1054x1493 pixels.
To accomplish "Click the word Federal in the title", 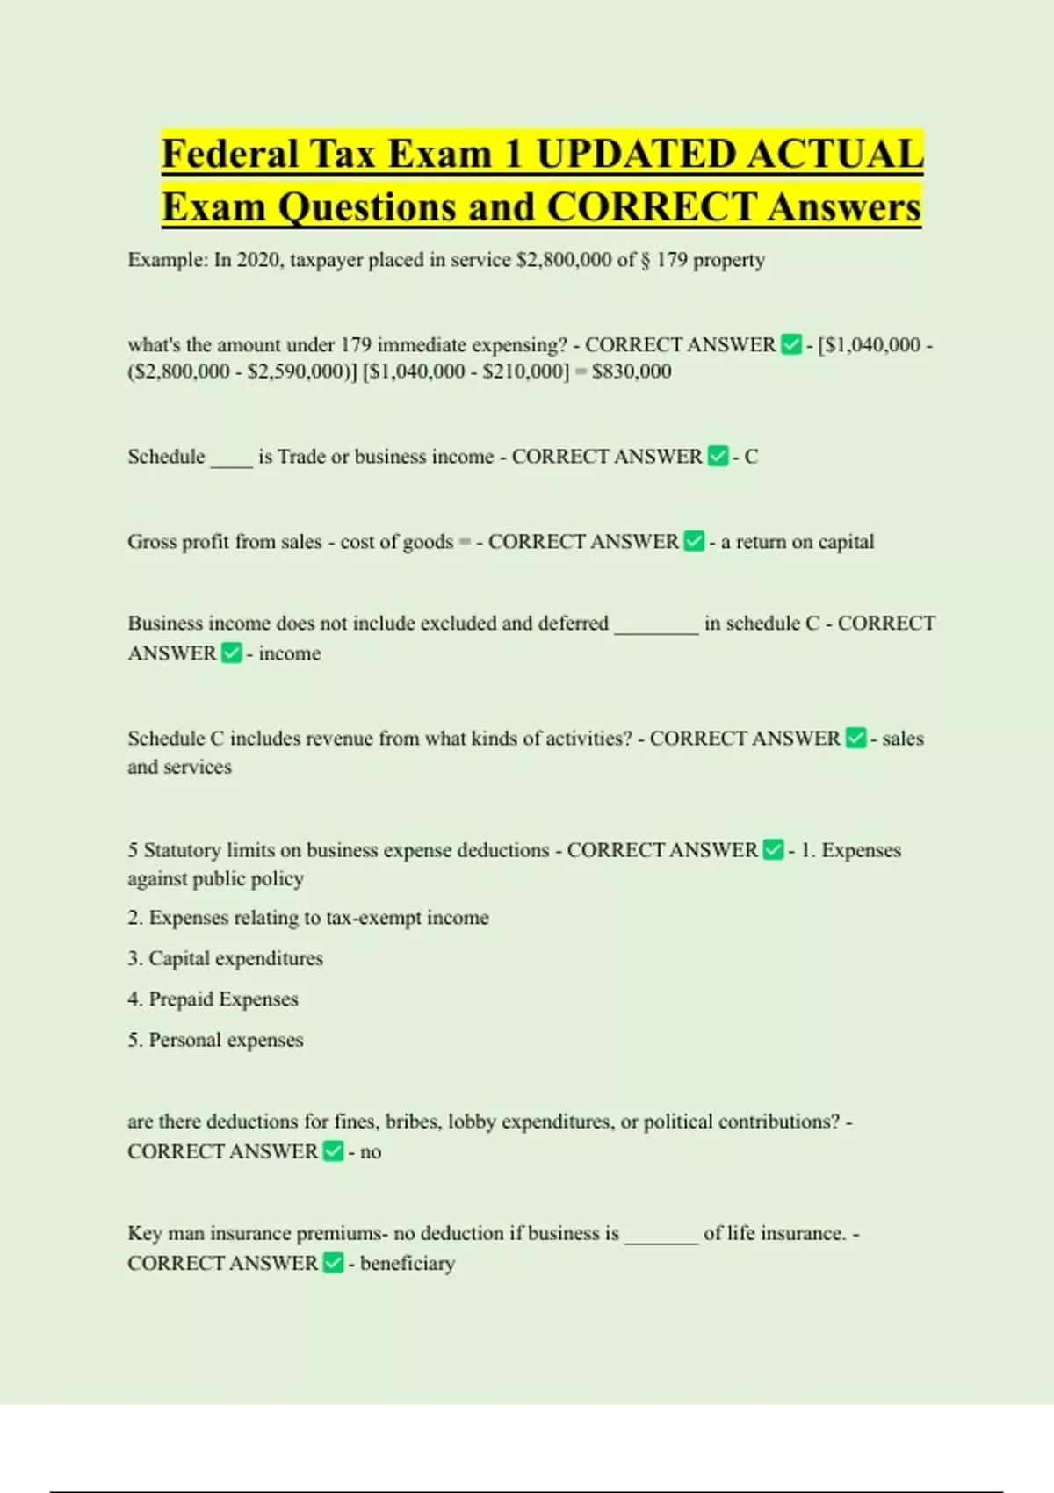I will pyautogui.click(x=231, y=155).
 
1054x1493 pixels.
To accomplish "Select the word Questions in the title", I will pyautogui.click(x=367, y=208).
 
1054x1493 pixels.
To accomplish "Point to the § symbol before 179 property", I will pyautogui.click(x=646, y=260).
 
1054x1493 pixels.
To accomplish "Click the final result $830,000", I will pyautogui.click(x=632, y=371).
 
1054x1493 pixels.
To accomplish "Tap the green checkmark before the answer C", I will pyautogui.click(x=718, y=457).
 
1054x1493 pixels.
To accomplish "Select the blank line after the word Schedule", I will pyautogui.click(x=231, y=458).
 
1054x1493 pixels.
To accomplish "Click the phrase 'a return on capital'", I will pyautogui.click(x=798, y=542).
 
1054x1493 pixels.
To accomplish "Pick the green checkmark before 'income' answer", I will pyautogui.click(x=231, y=653).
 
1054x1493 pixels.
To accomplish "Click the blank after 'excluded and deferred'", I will pyautogui.click(x=656, y=625).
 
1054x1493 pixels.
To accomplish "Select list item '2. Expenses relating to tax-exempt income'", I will pyautogui.click(x=307, y=918).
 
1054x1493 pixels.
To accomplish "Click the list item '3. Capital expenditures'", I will pyautogui.click(x=225, y=958).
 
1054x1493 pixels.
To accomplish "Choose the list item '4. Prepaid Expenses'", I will pyautogui.click(x=213, y=999).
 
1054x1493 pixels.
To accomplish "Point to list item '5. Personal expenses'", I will pyautogui.click(x=215, y=1040).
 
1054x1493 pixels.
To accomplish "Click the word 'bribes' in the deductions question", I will pyautogui.click(x=413, y=1122).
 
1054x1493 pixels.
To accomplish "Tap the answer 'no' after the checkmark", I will pyautogui.click(x=371, y=1152).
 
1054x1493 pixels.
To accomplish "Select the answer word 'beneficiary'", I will pyautogui.click(x=408, y=1264).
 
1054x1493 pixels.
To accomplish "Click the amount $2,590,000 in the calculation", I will pyautogui.click(x=295, y=371).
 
